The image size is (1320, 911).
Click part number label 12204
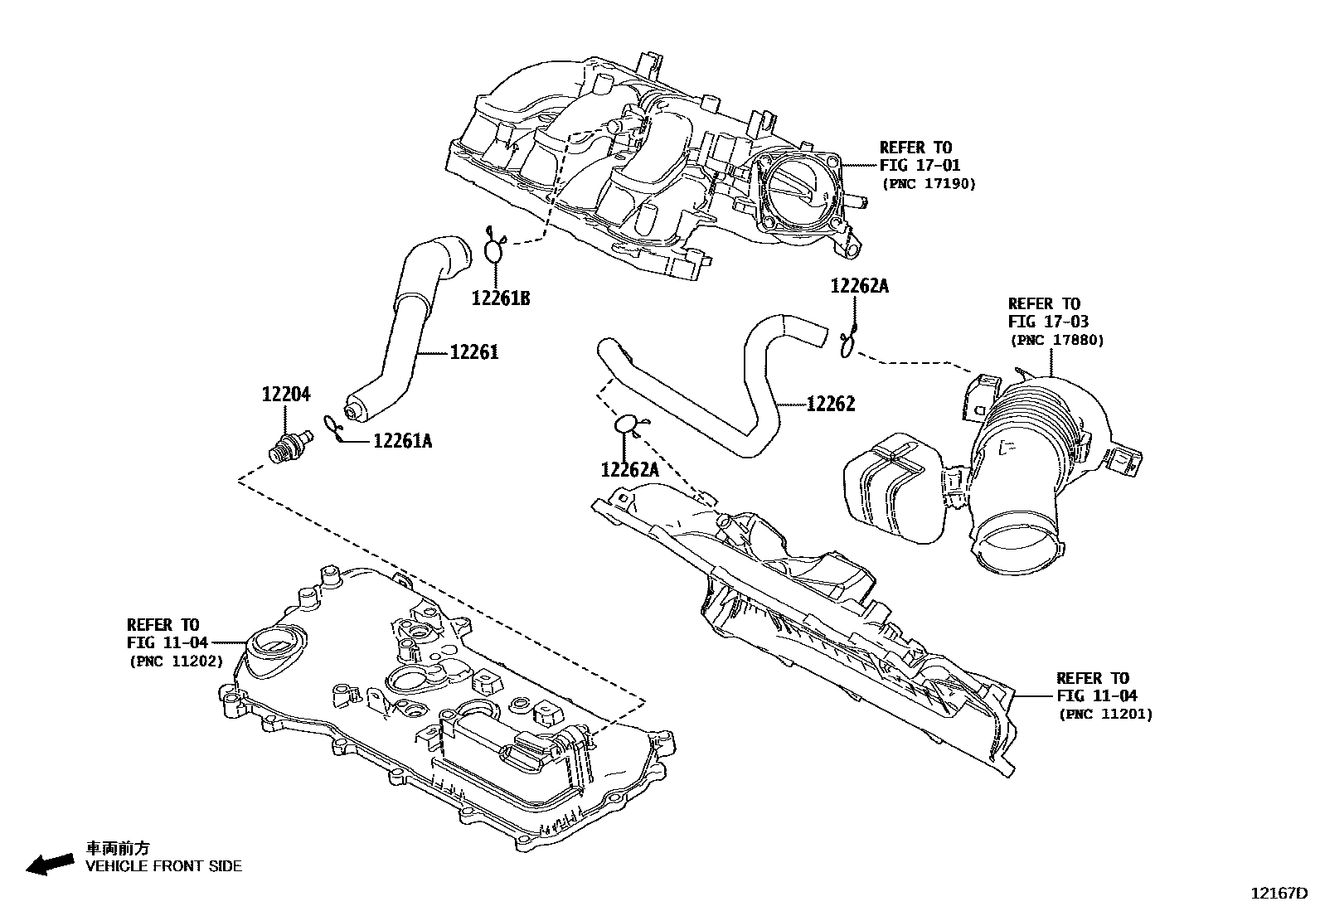[x=286, y=395]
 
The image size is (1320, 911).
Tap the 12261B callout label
[x=501, y=298]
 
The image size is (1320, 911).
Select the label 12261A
[x=402, y=441]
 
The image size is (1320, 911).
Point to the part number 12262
[x=830, y=404]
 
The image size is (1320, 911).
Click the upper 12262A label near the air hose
[x=860, y=286]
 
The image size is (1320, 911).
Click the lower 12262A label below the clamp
[x=629, y=470]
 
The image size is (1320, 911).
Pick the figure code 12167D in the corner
[x=1279, y=894]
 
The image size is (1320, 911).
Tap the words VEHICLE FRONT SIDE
[x=164, y=866]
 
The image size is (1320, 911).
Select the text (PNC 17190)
[x=929, y=183]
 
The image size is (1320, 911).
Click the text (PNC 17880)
[x=1057, y=340]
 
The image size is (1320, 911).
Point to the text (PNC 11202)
[x=176, y=661]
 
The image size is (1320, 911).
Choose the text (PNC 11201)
[x=1105, y=714]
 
